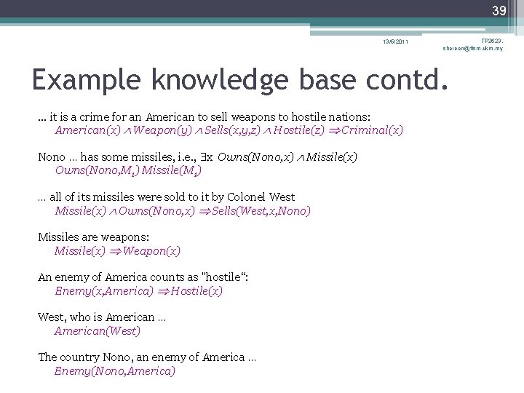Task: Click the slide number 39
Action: tap(499, 10)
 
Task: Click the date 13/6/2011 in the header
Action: tap(397, 41)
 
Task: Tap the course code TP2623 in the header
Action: tap(491, 40)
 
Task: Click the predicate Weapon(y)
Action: tap(160, 131)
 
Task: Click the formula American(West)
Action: tap(98, 331)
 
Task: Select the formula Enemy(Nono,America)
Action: tap(115, 371)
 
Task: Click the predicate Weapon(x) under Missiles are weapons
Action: tap(152, 251)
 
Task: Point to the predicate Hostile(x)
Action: tap(196, 291)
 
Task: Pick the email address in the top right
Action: tap(472, 48)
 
